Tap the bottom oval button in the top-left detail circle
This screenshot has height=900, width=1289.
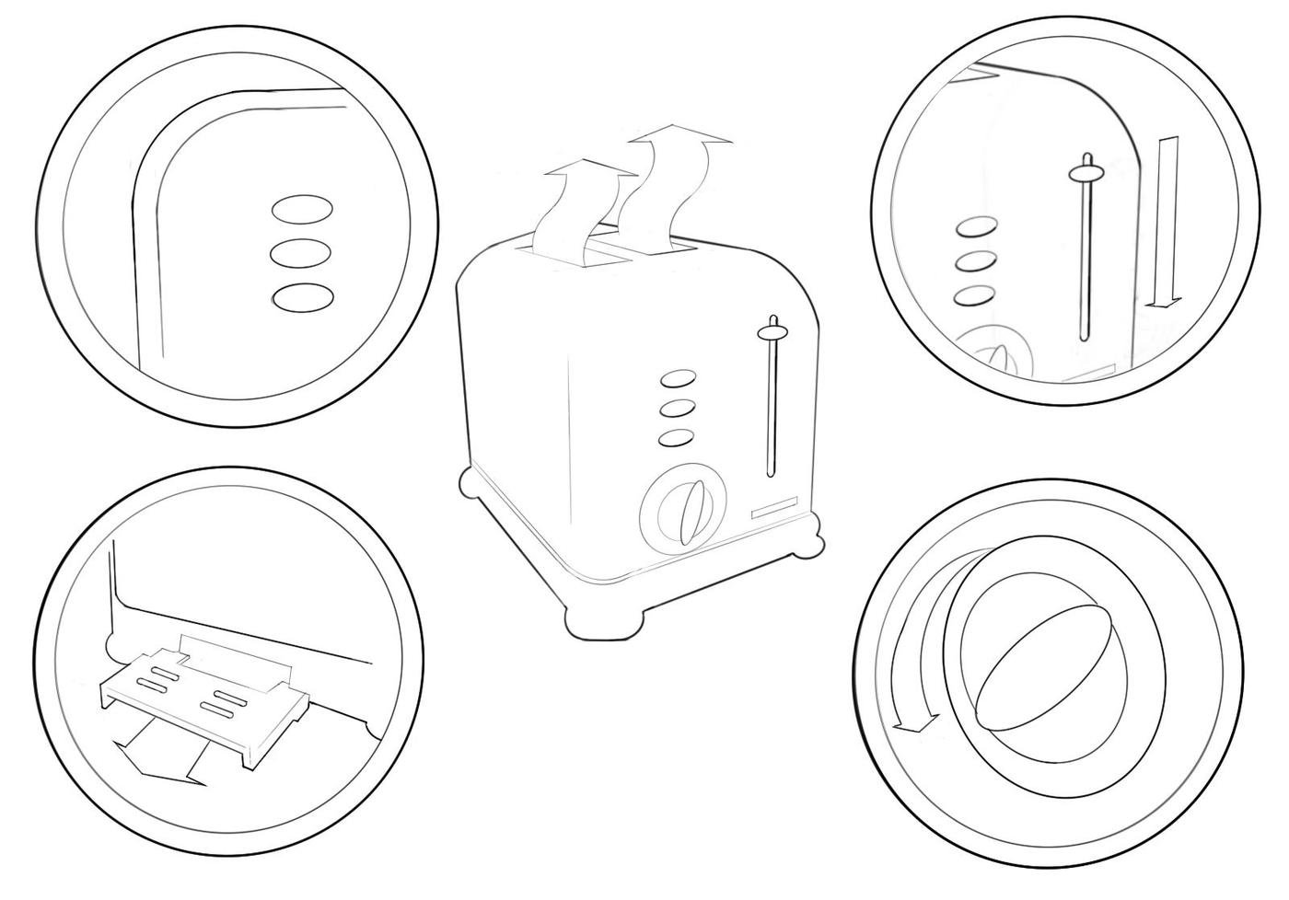(x=302, y=297)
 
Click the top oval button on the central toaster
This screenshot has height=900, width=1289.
(x=679, y=380)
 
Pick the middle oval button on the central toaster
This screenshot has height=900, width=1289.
(x=678, y=410)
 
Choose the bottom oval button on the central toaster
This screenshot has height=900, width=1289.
(x=677, y=438)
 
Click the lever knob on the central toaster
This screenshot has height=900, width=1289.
(x=772, y=329)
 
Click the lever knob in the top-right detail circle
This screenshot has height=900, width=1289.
(x=1086, y=172)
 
